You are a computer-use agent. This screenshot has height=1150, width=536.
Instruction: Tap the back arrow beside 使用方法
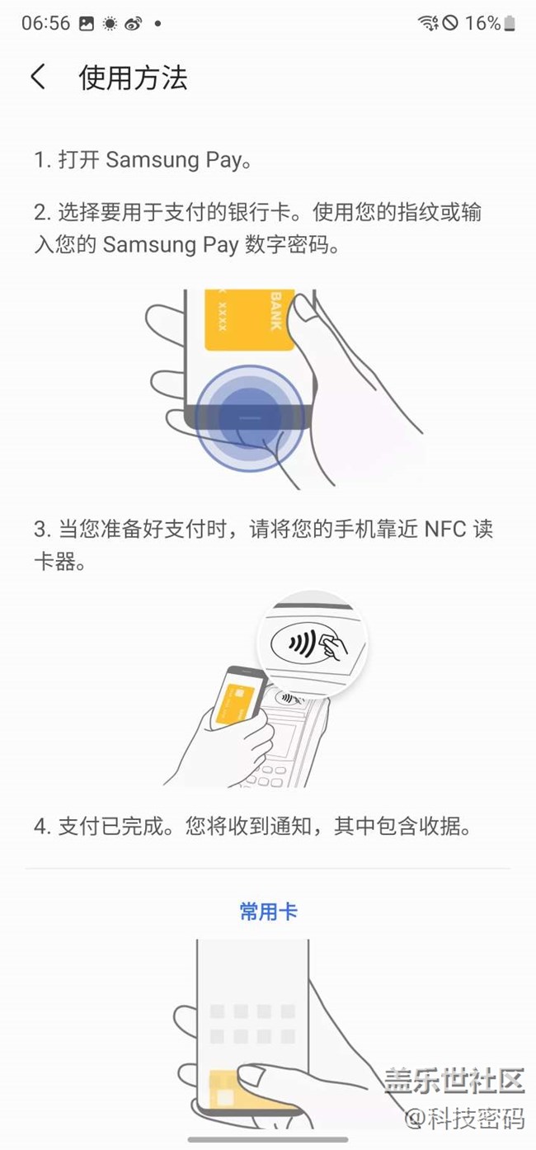coord(38,78)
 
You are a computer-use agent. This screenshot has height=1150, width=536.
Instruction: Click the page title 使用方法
coord(133,78)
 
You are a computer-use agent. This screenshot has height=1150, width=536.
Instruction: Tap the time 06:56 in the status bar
coord(45,23)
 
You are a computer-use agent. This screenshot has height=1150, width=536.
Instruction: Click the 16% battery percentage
coord(482,23)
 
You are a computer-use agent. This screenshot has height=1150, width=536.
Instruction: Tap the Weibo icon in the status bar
coord(134,24)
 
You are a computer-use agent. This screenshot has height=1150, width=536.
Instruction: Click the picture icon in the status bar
coord(87,24)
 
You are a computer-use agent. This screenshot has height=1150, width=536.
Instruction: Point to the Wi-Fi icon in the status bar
coord(428,23)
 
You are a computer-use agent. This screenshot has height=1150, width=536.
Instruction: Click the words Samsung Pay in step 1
coord(173,160)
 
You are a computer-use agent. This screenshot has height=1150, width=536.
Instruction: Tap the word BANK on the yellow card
coord(276,311)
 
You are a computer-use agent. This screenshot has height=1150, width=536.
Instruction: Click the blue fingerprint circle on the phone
coord(250,418)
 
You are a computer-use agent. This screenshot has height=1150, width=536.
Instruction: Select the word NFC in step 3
coord(445,530)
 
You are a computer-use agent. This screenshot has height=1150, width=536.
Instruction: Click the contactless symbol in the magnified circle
coord(301,643)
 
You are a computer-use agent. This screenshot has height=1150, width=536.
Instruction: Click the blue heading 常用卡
coord(269,912)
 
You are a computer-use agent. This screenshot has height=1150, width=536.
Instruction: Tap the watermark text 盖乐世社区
coord(454,1080)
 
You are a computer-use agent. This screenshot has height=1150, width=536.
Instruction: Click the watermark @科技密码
coord(464,1118)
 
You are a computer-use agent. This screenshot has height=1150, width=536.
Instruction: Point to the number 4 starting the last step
coord(40,827)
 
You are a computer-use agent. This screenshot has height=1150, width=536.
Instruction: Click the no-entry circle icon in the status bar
coord(450,23)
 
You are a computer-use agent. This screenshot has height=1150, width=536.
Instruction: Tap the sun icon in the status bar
coord(110,24)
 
